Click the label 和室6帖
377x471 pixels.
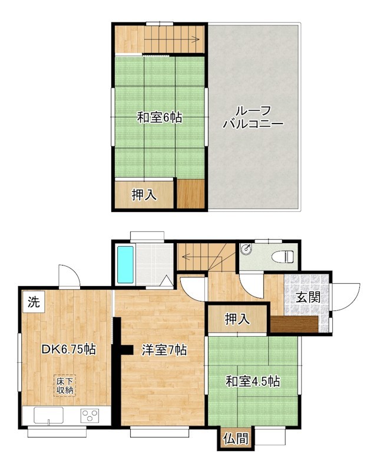[x=159, y=118]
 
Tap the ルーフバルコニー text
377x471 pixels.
[x=253, y=117]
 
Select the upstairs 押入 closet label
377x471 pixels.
[x=144, y=195]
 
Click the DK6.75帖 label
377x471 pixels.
[x=68, y=349]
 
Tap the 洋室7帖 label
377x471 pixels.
[x=164, y=350]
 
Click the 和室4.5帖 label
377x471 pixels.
[x=252, y=382]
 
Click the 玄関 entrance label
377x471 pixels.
[x=307, y=297]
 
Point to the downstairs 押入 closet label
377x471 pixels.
[x=237, y=319]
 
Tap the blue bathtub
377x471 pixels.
[x=126, y=264]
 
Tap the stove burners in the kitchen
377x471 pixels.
[x=91, y=416]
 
